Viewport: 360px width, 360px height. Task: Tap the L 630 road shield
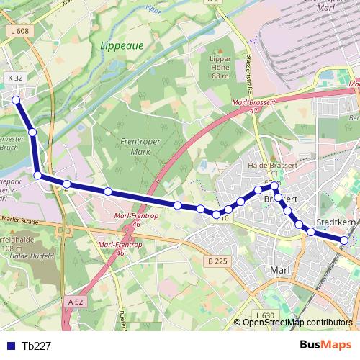(264, 315)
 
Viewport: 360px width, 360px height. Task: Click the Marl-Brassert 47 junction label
(251, 106)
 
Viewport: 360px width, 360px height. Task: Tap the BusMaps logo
(325, 345)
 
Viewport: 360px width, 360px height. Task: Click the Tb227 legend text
(36, 346)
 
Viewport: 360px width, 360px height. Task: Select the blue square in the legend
(12, 346)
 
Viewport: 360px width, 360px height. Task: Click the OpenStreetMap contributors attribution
(297, 322)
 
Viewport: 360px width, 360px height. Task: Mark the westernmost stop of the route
(16, 101)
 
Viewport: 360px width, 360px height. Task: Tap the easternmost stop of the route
(344, 240)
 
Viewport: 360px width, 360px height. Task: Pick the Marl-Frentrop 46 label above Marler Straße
(130, 217)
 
